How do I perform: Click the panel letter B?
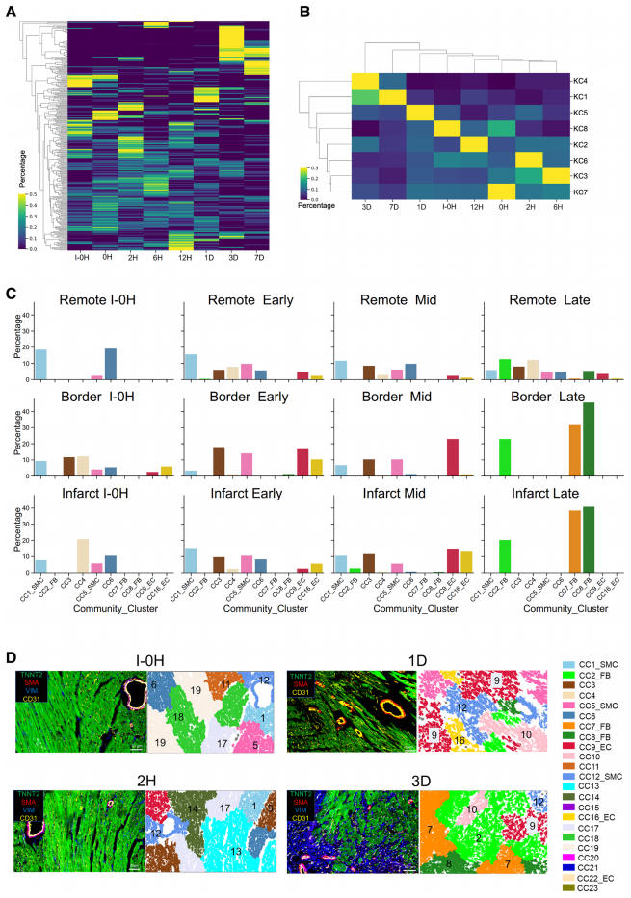tap(304, 12)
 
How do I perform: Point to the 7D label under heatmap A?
tap(258, 257)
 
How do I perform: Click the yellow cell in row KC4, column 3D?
tap(365, 81)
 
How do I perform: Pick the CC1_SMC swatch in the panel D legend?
tap(569, 665)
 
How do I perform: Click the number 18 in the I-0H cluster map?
tap(179, 718)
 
